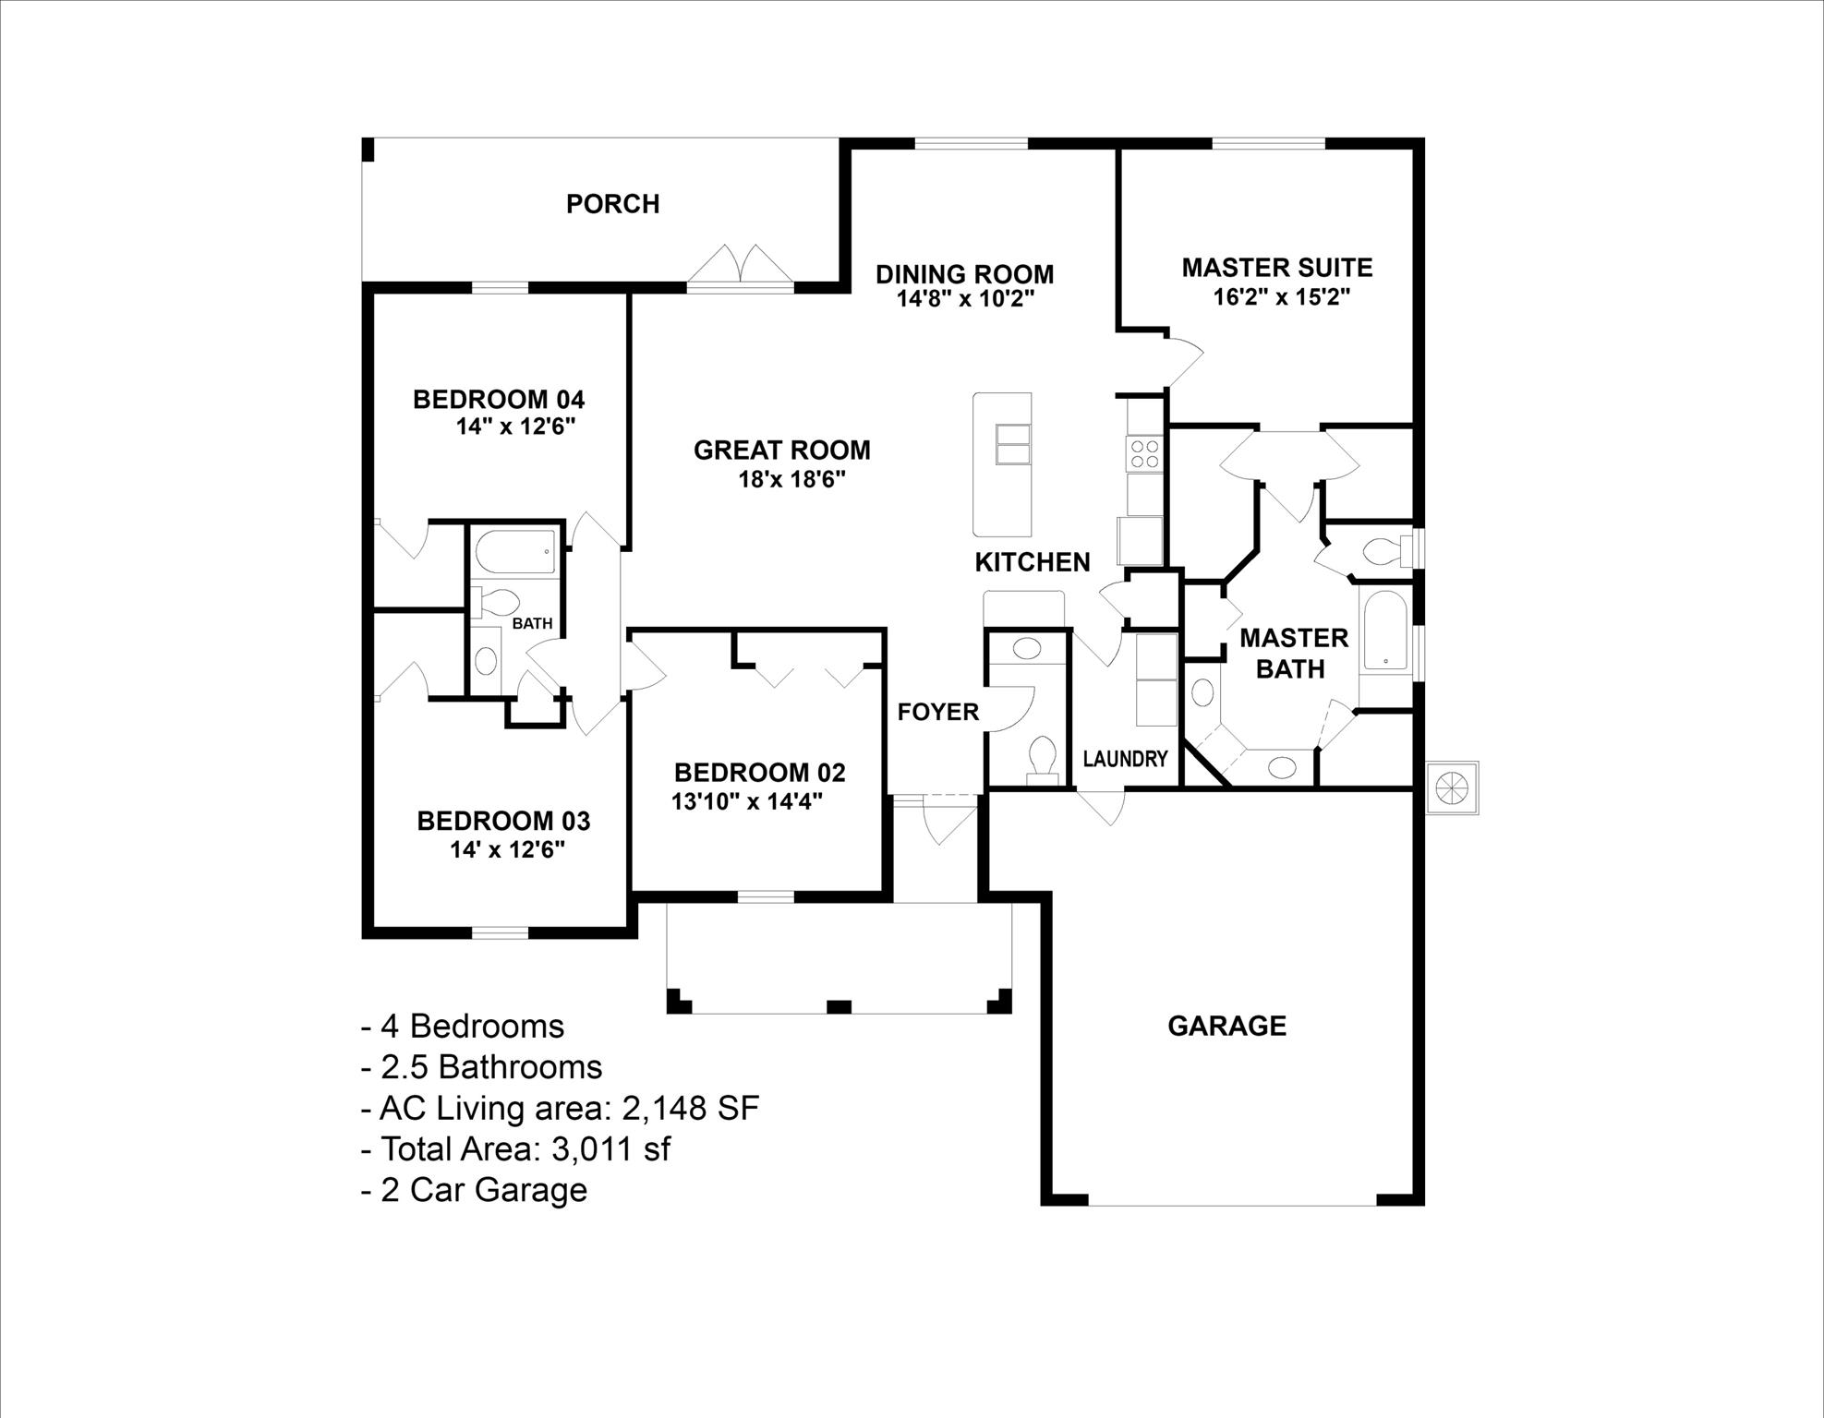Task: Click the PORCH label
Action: (612, 204)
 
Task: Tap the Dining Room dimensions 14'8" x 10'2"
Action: (964, 299)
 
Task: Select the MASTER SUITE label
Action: (1276, 268)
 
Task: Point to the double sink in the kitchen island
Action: (1011, 445)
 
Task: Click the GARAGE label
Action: (1226, 1026)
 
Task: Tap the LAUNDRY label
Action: (1125, 759)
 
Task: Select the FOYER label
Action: (937, 712)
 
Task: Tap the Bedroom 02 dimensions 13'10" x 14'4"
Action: (746, 800)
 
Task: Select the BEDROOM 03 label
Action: (503, 821)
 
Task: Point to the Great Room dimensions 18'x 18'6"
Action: (791, 479)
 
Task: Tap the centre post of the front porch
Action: (838, 1005)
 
